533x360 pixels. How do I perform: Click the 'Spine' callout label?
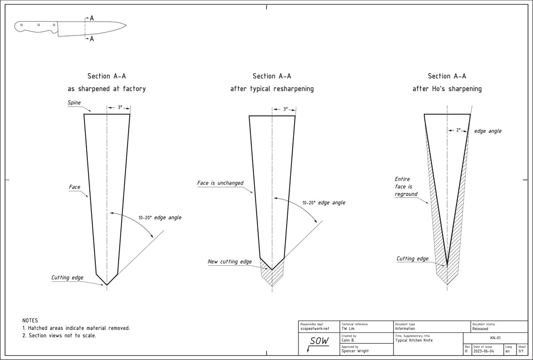74,103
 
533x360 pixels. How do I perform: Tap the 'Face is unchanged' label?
220,183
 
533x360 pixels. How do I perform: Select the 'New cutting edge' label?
230,261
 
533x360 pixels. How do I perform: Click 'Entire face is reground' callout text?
406,186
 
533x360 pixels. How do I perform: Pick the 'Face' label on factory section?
75,187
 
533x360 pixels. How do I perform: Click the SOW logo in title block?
319,341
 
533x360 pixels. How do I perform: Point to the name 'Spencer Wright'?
355,351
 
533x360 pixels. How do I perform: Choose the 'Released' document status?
480,329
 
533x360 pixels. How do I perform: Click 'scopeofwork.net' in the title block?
315,329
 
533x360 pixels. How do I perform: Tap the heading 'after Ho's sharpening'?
447,89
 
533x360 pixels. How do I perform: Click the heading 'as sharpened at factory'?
106,89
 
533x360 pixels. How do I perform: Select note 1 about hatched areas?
76,328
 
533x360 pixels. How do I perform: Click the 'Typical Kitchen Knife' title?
414,340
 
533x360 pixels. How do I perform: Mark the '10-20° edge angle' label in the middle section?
323,202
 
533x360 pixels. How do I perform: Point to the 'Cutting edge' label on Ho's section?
413,258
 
